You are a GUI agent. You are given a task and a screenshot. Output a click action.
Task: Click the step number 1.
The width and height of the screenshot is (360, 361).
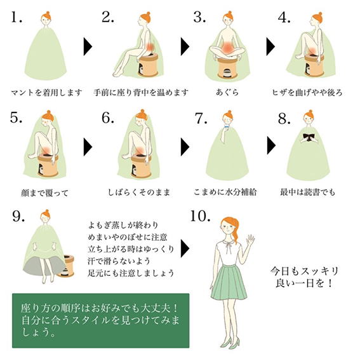(x=17, y=18)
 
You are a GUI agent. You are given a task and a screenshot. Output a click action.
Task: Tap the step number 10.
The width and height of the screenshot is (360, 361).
(x=200, y=217)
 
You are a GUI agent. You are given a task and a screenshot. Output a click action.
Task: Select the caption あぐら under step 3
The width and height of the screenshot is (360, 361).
(x=227, y=92)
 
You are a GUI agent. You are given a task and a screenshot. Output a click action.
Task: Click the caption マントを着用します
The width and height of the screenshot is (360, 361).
(x=46, y=93)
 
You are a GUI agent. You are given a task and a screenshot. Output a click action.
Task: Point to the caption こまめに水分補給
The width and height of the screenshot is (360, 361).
(x=225, y=192)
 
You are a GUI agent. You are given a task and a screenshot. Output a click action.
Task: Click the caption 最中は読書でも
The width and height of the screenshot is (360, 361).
(x=307, y=192)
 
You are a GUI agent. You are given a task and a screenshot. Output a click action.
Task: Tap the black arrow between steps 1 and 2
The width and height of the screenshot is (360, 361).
(x=88, y=47)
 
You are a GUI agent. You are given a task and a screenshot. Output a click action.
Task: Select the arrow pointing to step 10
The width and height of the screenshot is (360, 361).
(x=185, y=248)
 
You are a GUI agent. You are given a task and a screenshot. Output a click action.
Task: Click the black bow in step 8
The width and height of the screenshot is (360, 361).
(x=309, y=137)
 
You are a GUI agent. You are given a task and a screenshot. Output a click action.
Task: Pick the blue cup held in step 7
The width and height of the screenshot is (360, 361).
(x=227, y=127)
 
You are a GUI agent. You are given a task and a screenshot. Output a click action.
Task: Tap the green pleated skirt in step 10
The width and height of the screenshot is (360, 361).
(x=229, y=282)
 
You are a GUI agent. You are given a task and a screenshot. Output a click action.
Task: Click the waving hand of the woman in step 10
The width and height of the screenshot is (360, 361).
(x=250, y=240)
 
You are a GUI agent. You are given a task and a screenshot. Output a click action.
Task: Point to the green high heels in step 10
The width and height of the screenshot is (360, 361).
(x=230, y=344)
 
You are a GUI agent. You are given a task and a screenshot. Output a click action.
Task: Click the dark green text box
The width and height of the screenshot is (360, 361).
(x=101, y=320)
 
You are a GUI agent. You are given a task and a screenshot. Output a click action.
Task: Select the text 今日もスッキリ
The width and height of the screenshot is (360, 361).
(x=304, y=271)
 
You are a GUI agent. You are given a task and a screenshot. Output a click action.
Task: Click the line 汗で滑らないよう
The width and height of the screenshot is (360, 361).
(x=119, y=261)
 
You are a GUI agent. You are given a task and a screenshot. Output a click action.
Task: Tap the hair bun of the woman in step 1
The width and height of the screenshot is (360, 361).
(x=48, y=13)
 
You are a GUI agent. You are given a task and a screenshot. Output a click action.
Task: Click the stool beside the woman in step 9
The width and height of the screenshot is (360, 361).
(x=67, y=266)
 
